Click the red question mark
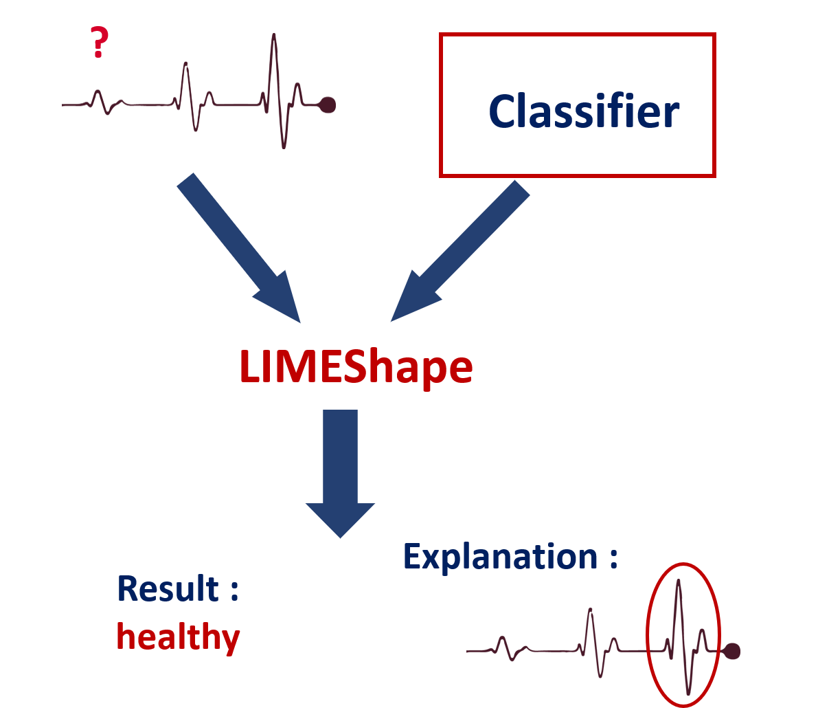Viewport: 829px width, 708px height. [100, 42]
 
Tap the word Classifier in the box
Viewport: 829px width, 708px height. [584, 111]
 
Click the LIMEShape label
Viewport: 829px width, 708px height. [356, 367]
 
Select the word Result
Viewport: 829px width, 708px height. [168, 588]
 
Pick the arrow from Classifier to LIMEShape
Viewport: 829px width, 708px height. [460, 252]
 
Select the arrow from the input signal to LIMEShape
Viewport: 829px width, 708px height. [238, 248]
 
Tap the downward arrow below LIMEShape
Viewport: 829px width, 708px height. [340, 474]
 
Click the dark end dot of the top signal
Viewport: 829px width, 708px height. [328, 105]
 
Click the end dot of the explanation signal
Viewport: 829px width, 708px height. [732, 651]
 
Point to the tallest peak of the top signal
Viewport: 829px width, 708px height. [274, 34]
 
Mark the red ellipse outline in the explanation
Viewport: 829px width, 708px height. [647, 635]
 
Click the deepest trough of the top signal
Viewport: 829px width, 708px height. [284, 147]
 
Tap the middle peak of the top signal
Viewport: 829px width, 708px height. [185, 63]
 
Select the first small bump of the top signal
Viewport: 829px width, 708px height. [98, 92]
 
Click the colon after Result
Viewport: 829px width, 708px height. [235, 590]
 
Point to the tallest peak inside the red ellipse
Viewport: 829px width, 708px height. [679, 581]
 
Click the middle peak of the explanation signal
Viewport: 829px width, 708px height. [591, 610]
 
